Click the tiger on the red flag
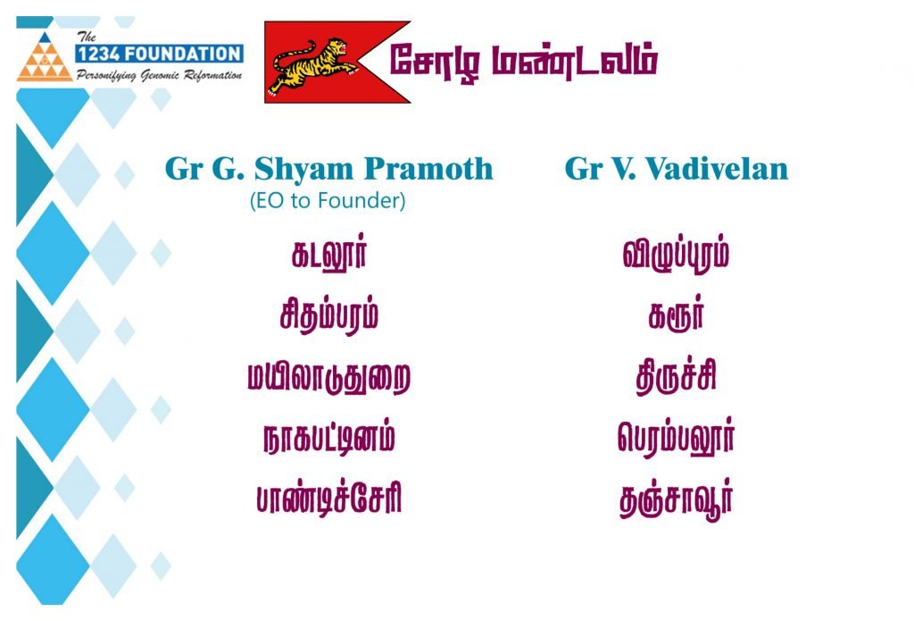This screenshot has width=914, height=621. pos(311,65)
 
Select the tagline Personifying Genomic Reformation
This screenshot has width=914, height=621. pos(159,75)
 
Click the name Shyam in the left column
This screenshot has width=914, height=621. pos(305,169)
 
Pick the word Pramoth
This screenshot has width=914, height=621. pos(429,168)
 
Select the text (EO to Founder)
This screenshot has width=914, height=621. pos(328,201)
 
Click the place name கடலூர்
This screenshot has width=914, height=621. pos(329,254)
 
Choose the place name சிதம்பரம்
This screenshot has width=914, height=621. pos(328,315)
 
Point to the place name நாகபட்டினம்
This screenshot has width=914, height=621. pos(329,438)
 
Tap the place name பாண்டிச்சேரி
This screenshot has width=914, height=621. pos(329,499)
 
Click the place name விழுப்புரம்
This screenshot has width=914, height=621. pos(677,254)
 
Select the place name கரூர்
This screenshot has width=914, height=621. pos(677,315)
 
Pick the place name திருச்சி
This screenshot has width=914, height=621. pos(677,376)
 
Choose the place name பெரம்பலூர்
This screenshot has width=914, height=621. pos(677,438)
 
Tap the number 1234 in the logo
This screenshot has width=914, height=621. pos(98,54)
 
